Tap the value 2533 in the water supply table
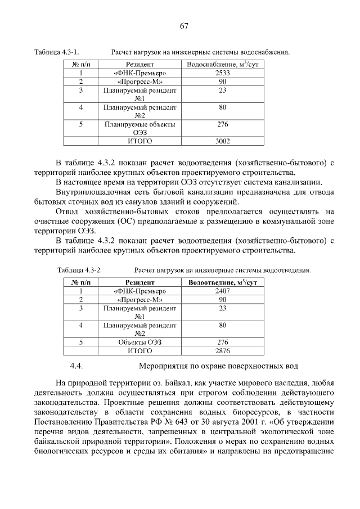(223, 73)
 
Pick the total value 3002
(223, 141)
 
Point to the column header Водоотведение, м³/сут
(223, 282)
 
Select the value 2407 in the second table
(223, 291)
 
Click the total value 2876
(223, 350)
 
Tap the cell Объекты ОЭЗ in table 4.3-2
(140, 342)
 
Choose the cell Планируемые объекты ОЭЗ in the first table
(140, 128)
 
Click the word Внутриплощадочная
(94, 192)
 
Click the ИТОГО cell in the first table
(140, 141)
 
